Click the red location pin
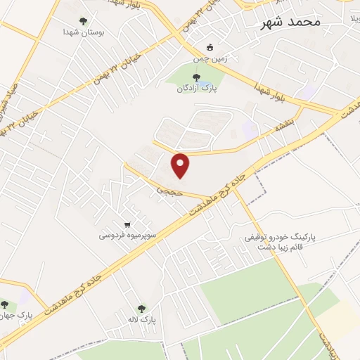(x=181, y=165)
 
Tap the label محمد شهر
(x=290, y=22)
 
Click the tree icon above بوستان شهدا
(x=83, y=21)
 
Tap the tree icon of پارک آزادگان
(x=195, y=77)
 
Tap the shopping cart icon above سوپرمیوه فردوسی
(x=127, y=223)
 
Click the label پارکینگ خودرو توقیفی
(x=279, y=238)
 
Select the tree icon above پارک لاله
(x=142, y=308)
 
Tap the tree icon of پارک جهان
(x=5, y=304)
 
